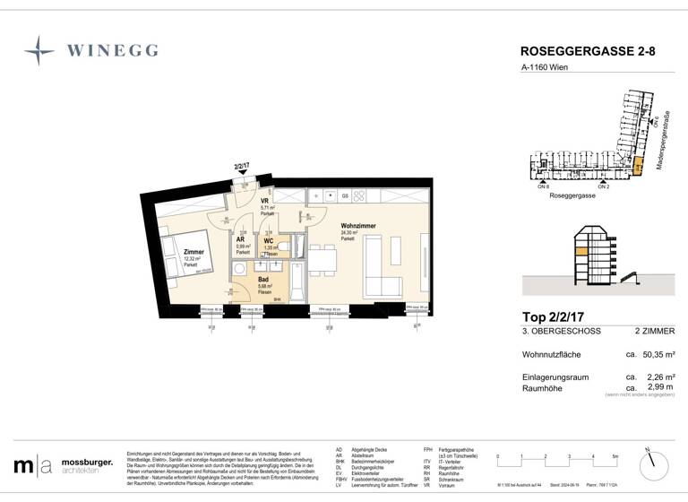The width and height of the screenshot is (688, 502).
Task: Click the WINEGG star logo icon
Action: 39,50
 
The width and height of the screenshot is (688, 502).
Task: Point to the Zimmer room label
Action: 193,253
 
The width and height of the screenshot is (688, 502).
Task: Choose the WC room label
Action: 268,241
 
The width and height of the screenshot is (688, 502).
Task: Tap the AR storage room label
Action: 241,241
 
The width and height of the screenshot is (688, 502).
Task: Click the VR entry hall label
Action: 265,202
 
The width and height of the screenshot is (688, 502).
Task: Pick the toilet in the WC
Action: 281,247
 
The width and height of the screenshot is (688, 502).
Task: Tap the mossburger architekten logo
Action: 63,465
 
